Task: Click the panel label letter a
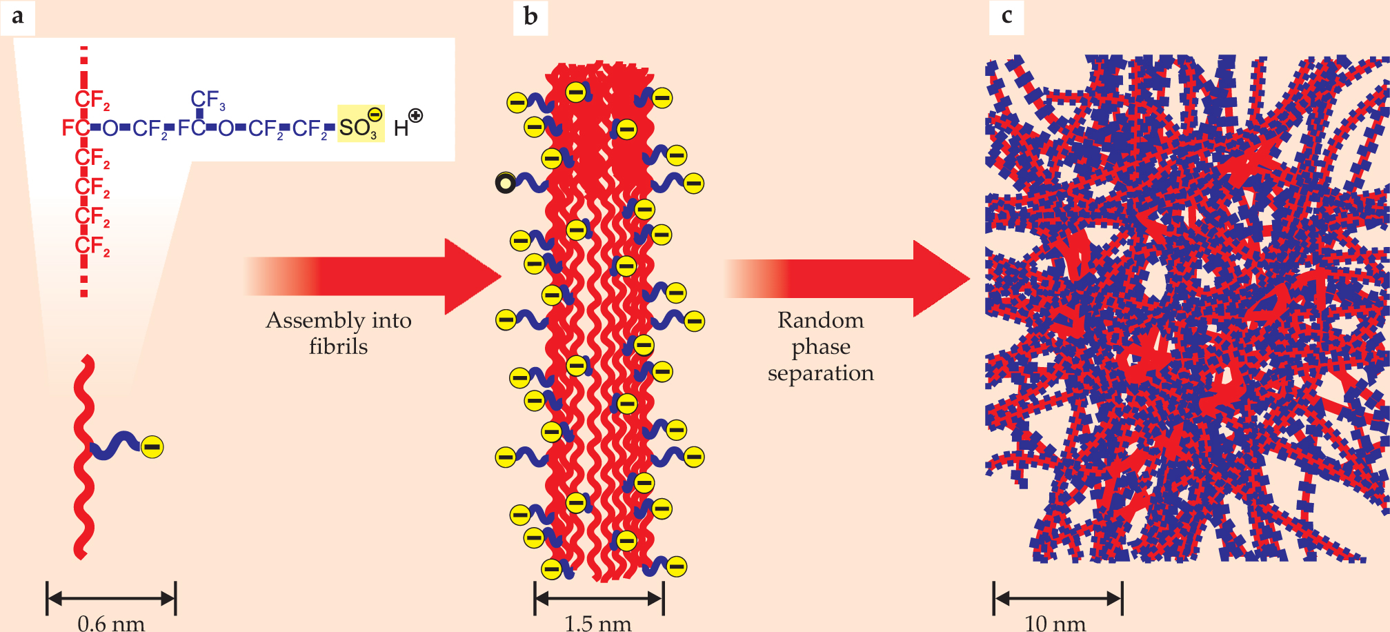click(17, 17)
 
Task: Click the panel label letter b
click(530, 17)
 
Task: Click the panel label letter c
click(1006, 17)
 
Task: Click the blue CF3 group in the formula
click(207, 101)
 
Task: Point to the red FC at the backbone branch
click(75, 128)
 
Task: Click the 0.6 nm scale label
click(111, 623)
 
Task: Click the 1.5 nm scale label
click(598, 623)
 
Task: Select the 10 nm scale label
click(1055, 623)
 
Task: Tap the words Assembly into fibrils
click(339, 333)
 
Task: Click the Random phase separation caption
click(820, 346)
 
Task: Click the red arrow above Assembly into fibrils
click(373, 277)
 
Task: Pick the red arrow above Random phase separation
click(848, 279)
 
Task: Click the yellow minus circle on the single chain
click(152, 447)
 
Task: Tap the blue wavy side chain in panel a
click(115, 446)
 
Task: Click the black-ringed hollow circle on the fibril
click(506, 183)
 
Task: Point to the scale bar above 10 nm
click(1058, 598)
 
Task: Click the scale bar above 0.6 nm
click(111, 598)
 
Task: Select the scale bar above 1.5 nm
click(599, 598)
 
